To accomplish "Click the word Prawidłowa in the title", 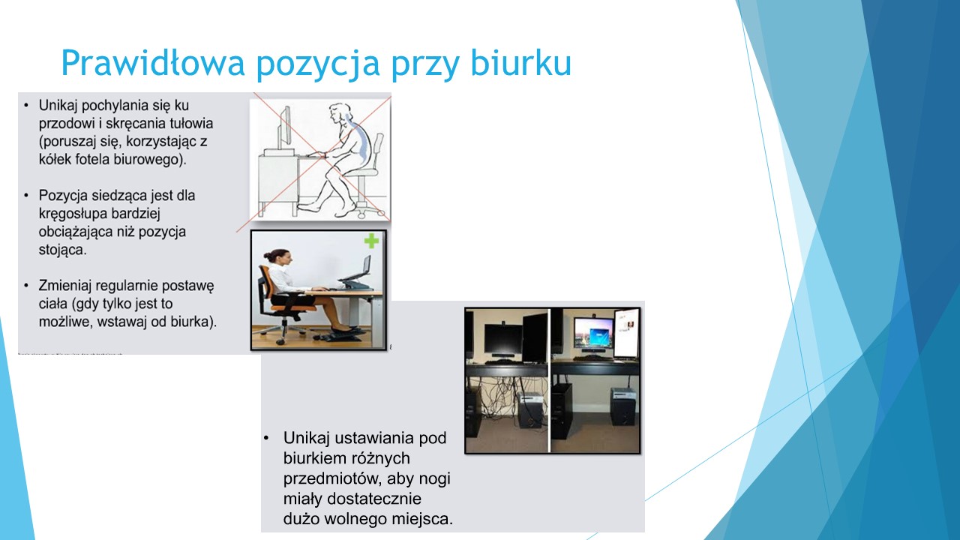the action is pyautogui.click(x=152, y=62).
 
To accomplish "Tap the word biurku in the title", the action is pyautogui.click(x=520, y=62).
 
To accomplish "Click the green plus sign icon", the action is pyautogui.click(x=371, y=241).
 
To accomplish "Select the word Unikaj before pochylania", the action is pyautogui.click(x=58, y=105).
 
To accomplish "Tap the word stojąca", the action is pyautogui.click(x=62, y=250).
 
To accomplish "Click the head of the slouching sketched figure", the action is pyautogui.click(x=340, y=113).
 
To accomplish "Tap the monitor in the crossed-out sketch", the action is pyautogui.click(x=285, y=127).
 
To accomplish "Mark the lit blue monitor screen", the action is pyautogui.click(x=592, y=334).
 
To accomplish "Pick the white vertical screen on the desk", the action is pyautogui.click(x=626, y=333).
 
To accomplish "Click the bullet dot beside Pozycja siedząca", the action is pyautogui.click(x=26, y=196).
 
